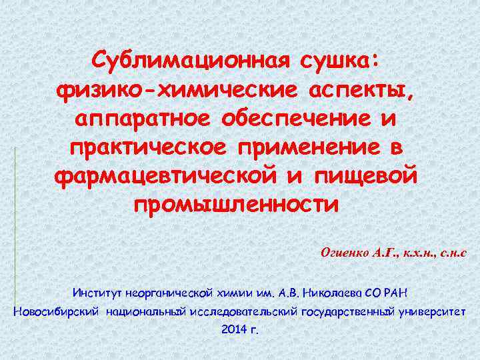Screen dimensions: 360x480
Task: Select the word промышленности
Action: coord(236,203)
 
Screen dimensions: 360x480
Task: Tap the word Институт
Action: coord(97,292)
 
